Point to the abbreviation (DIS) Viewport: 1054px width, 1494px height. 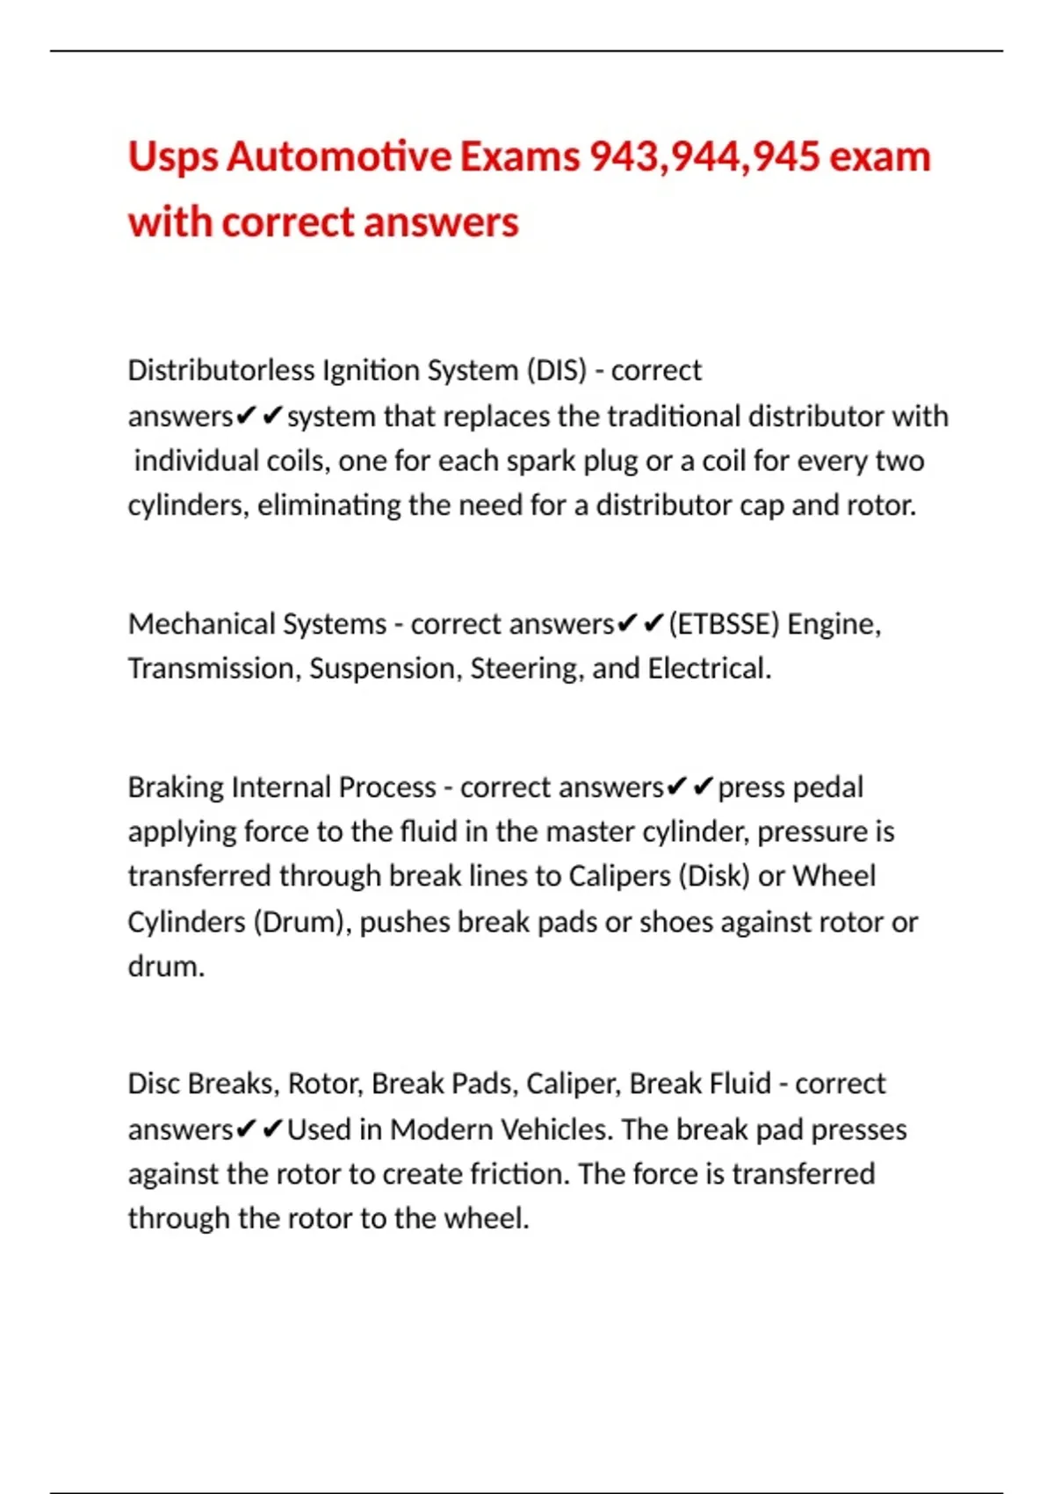coord(556,370)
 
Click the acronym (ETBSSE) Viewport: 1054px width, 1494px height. coord(724,624)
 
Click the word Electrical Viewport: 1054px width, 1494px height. coord(709,669)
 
